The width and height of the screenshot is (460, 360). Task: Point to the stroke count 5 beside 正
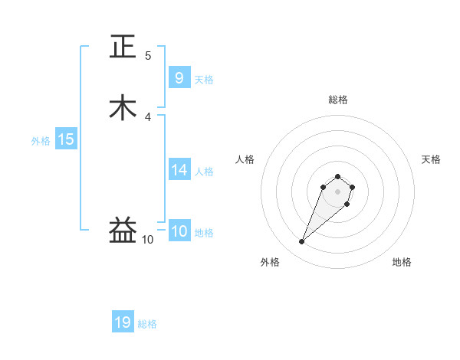148,56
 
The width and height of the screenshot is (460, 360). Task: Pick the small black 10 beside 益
147,240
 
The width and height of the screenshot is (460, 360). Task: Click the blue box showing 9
179,77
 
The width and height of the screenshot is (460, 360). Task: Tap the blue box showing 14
179,170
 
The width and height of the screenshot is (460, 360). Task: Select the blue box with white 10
179,231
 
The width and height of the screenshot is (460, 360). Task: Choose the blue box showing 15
66,139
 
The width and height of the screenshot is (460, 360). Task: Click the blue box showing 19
123,322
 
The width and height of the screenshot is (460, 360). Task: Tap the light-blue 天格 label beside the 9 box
204,79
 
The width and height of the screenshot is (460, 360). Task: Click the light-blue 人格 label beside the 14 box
204,172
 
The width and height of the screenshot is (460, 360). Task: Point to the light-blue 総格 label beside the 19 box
147,324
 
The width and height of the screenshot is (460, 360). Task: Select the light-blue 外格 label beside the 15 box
41,141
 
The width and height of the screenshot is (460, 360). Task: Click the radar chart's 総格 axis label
338,100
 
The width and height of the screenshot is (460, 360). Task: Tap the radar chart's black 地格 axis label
402,262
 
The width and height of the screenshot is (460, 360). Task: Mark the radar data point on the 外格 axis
301,241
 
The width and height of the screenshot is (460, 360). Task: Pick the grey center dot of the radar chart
337,191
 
